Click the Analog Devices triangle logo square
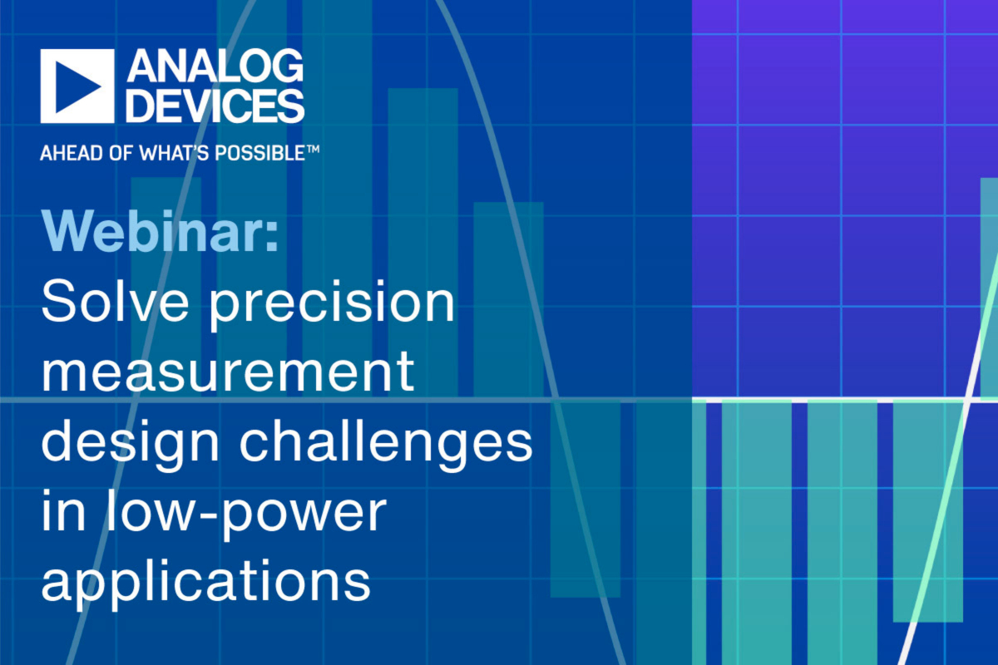[77, 86]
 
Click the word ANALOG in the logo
[215, 69]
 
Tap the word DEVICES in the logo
[215, 106]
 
